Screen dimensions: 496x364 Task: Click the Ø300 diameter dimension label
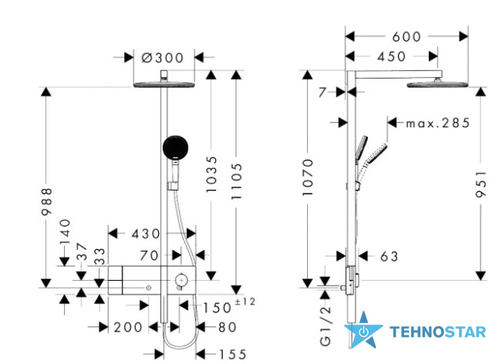tap(162, 58)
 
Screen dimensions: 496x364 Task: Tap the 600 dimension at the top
tap(407, 37)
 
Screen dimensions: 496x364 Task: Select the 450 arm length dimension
tap(391, 56)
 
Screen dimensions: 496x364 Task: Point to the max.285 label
tap(438, 123)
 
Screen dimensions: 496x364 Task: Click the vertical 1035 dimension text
tap(211, 174)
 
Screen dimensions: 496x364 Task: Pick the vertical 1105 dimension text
tap(236, 181)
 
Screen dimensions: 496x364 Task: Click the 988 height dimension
tap(46, 202)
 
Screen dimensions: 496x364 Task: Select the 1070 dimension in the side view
tap(308, 177)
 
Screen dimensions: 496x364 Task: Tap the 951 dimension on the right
tap(481, 184)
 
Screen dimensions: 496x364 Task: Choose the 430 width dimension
tap(146, 234)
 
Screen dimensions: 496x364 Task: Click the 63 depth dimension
tap(390, 257)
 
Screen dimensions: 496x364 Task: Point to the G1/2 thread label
tap(326, 326)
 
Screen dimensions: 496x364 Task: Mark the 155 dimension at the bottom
tap(233, 355)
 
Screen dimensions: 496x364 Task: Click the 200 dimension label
tap(128, 327)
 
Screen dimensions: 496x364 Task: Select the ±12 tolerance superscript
tap(245, 302)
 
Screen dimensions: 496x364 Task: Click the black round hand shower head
tap(176, 148)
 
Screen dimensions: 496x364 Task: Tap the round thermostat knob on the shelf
tap(181, 280)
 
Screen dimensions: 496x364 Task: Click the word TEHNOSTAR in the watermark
tap(438, 332)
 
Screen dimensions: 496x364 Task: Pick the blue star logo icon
tap(363, 330)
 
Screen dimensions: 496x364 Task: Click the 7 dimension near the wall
tap(322, 93)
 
